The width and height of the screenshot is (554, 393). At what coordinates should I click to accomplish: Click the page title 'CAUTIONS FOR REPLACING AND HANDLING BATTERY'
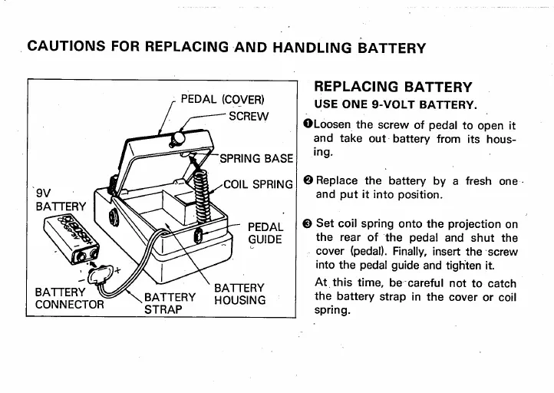point(226,47)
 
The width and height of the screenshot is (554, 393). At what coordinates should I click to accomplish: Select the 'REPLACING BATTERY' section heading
point(393,87)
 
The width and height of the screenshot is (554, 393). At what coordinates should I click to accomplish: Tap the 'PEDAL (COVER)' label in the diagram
point(223,100)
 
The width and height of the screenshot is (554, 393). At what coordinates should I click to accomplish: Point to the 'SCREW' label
point(249,117)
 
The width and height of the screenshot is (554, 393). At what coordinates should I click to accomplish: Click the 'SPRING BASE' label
point(256,159)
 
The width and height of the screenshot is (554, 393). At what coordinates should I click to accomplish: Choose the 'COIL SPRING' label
point(259,184)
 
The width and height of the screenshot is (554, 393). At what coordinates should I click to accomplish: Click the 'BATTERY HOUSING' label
point(239,294)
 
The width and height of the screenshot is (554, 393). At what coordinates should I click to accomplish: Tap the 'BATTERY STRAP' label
point(170,303)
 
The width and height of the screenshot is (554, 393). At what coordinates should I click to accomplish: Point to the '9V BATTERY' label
point(51,200)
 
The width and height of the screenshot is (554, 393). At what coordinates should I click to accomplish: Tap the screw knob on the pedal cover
point(179,138)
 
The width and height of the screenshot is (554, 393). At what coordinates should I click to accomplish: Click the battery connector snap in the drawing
point(101,272)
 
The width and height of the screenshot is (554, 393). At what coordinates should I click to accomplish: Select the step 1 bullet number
point(308,125)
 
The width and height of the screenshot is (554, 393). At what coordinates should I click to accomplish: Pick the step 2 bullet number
point(308,181)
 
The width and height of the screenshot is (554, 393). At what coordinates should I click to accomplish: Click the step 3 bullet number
point(308,223)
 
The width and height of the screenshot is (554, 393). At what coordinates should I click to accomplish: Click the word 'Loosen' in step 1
point(332,125)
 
